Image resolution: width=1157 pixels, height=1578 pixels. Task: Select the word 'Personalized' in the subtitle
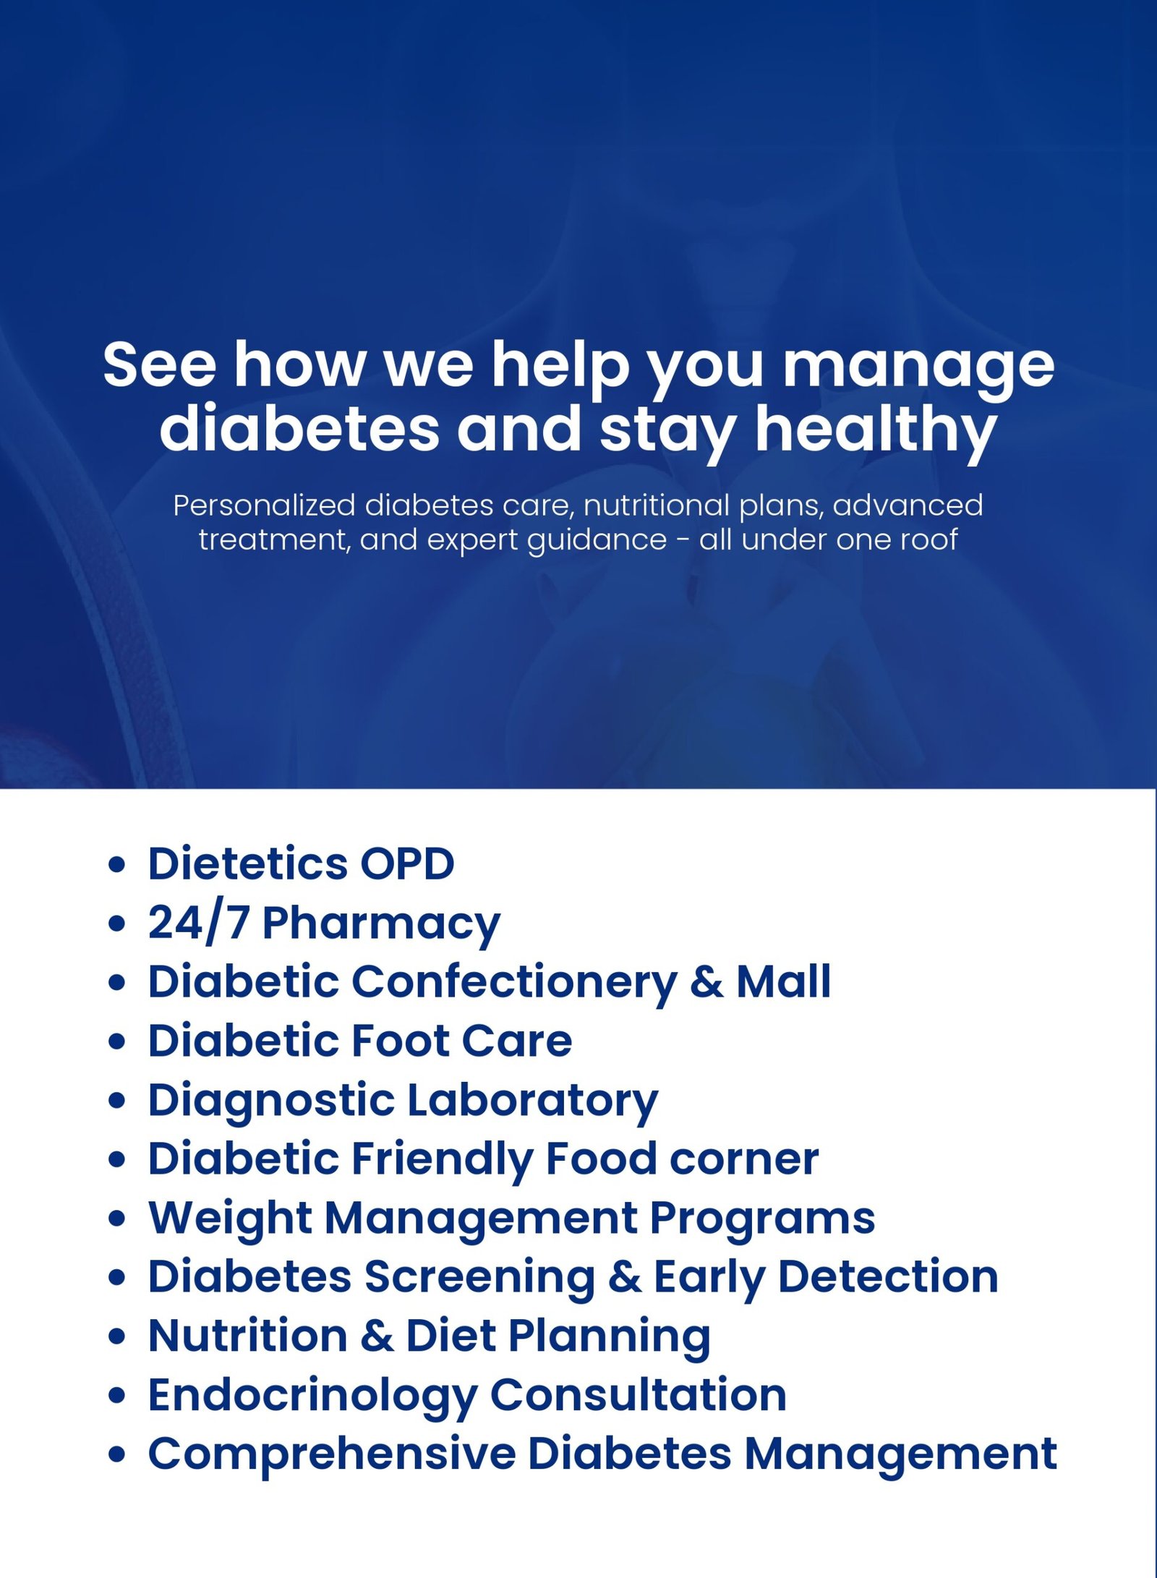(x=264, y=506)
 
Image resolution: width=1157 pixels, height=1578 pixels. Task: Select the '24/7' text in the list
(x=198, y=924)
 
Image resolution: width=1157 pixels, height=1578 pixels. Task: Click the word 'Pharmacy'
(x=381, y=924)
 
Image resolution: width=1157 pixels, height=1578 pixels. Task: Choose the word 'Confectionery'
(x=514, y=982)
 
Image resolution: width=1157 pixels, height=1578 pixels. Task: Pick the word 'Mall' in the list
(x=783, y=982)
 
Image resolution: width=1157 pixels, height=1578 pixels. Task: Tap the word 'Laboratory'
(x=533, y=1101)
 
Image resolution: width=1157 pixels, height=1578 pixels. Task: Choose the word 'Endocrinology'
(x=311, y=1395)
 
